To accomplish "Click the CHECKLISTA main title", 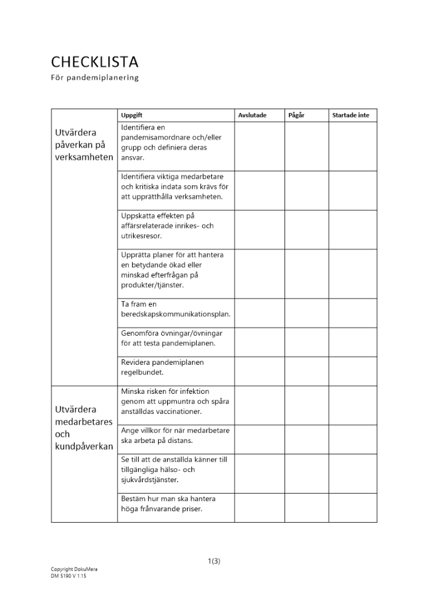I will pos(94,62).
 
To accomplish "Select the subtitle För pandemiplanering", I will pos(94,77).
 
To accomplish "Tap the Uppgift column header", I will pos(131,115).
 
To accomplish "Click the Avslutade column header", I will pos(252,115).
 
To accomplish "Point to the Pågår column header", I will pos(297,115).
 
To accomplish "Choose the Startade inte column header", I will pos(351,115).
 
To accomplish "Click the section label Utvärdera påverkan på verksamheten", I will pos(84,145).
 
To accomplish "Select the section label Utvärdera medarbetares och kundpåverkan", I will pos(84,428).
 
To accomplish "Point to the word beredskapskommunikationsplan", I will pos(175,314).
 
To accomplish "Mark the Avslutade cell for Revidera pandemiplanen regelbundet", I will pos(259,370).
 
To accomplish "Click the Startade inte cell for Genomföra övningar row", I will pos(352,341).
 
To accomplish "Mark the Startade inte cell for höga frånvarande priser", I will pos(352,507).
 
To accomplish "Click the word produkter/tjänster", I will pos(152,284).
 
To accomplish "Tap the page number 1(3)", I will pos(214,561).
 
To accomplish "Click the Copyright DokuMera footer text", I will pos(74,569).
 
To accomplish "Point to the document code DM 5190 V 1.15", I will pos(68,576).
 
